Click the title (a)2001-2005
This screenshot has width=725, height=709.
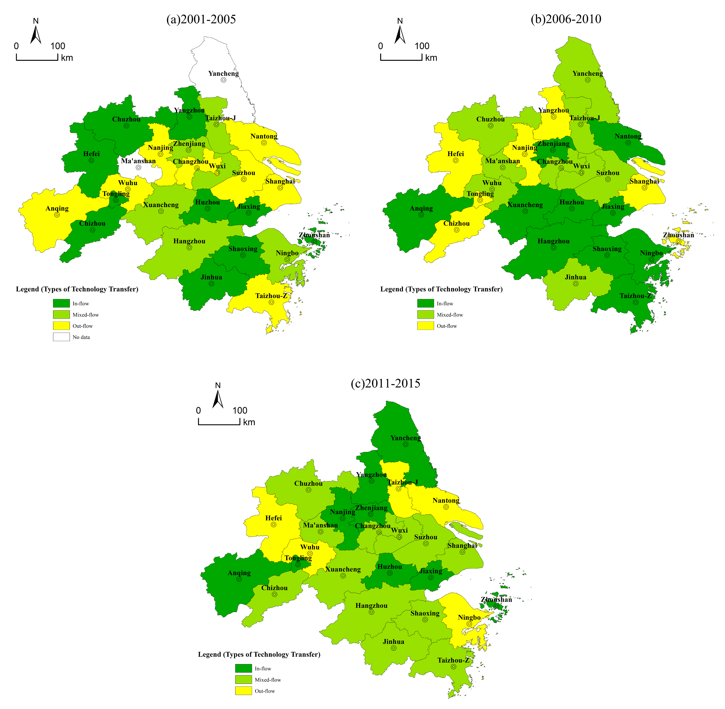(x=201, y=19)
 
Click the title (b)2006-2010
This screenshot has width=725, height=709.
(x=566, y=19)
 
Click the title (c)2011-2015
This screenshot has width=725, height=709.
(x=385, y=384)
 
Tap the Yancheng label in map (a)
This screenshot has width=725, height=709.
(x=223, y=73)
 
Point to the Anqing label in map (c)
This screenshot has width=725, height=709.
(x=239, y=573)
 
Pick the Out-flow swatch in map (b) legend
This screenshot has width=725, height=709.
(x=425, y=326)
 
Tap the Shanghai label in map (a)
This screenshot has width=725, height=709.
(x=280, y=181)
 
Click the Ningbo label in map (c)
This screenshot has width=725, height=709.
(x=469, y=617)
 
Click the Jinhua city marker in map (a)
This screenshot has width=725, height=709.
(x=211, y=284)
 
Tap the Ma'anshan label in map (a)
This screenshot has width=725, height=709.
(x=138, y=161)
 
